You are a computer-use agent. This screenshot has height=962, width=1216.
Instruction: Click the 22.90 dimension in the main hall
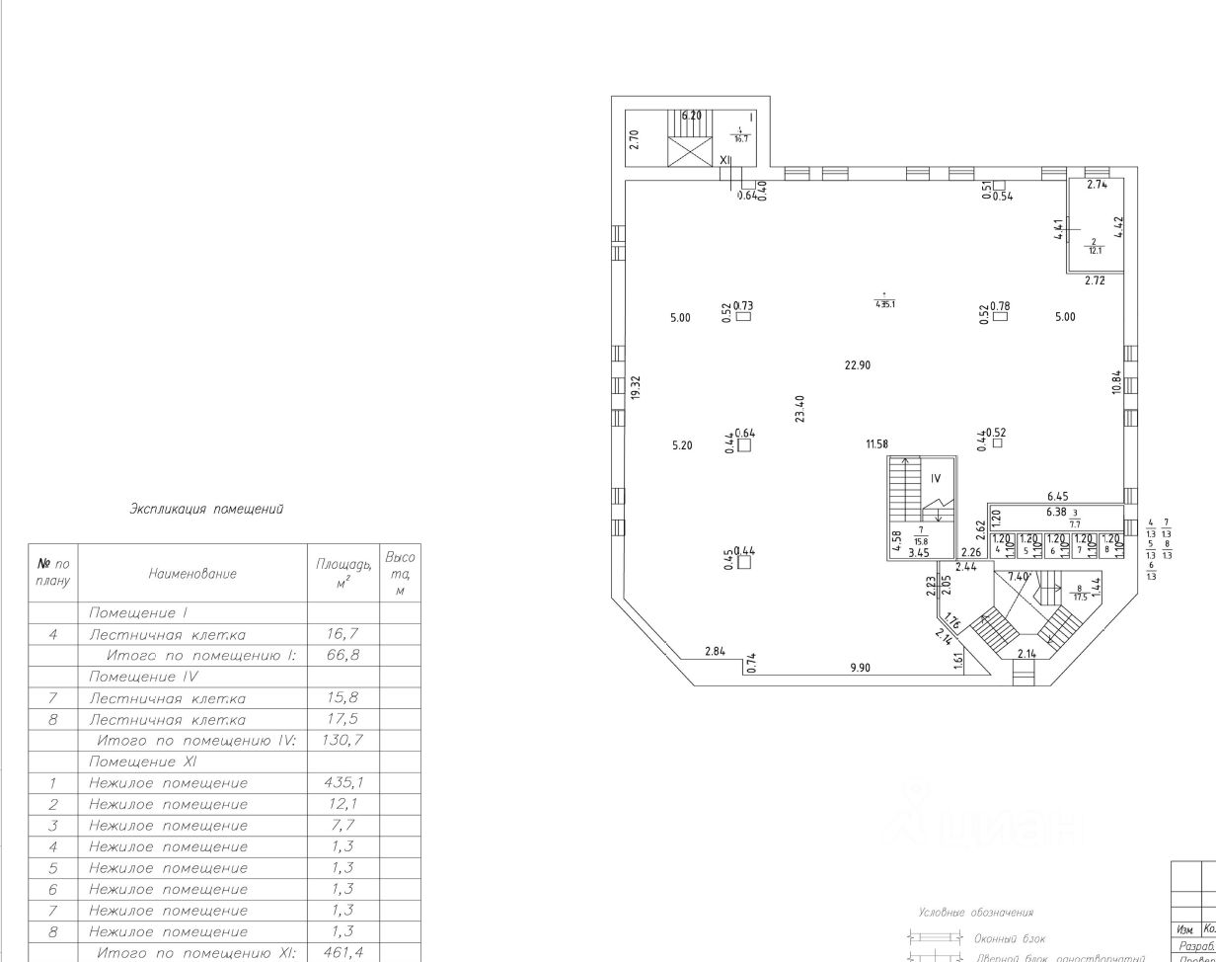point(857,364)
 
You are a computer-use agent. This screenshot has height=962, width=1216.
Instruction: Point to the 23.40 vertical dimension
point(799,408)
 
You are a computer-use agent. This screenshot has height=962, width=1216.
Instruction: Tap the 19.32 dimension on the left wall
point(637,386)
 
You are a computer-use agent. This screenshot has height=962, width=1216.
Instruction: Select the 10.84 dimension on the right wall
point(1116,382)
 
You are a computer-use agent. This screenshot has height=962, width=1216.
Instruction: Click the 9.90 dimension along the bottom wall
point(862,668)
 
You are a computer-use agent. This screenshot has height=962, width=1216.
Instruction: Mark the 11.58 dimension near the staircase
point(876,444)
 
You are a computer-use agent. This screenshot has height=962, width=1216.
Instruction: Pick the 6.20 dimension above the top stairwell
point(691,116)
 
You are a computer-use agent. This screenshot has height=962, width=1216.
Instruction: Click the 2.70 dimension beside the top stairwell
point(635,139)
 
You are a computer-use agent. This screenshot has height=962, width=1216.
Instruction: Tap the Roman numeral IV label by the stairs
point(936,479)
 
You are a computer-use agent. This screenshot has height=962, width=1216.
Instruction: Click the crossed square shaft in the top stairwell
point(689,151)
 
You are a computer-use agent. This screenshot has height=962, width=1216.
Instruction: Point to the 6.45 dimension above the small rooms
point(1057,497)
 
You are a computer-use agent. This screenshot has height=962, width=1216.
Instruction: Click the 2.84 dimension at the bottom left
point(716,651)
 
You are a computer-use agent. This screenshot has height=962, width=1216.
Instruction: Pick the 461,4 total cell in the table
point(341,953)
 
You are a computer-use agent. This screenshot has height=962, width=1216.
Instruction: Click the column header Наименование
point(191,573)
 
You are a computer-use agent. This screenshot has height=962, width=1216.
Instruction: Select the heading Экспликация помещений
point(206,510)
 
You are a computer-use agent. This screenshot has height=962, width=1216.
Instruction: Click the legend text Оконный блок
point(1010,938)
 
